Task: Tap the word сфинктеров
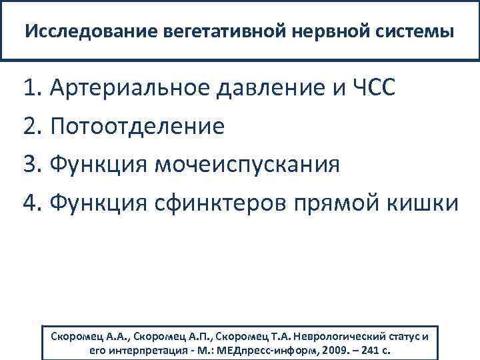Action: tap(218, 202)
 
